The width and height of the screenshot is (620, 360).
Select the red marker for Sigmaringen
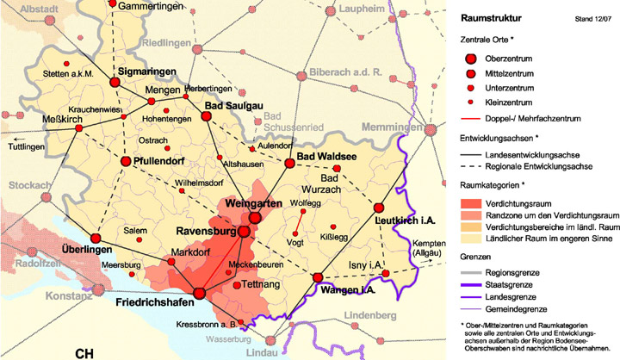[115, 82]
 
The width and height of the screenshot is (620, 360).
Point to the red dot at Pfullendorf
[126, 161]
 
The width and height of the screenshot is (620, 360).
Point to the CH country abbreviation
[84, 353]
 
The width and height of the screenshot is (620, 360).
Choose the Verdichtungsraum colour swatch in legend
[471, 202]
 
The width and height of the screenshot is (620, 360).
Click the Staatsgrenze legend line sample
[470, 282]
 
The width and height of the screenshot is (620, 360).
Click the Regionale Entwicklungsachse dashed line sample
[470, 164]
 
